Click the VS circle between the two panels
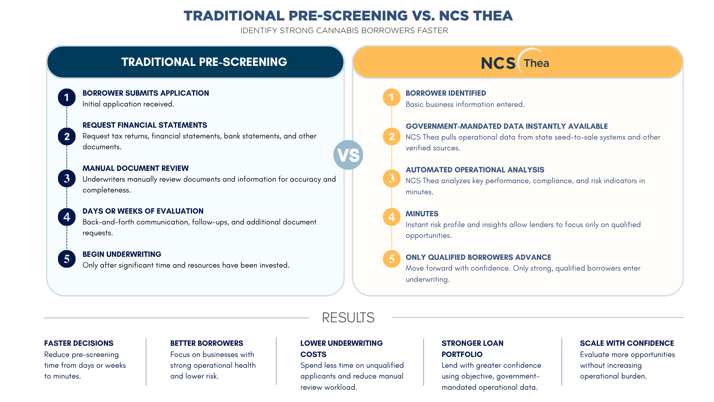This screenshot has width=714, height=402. click(x=348, y=155)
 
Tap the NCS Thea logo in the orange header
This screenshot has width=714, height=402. click(x=515, y=61)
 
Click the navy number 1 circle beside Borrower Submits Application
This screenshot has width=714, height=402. click(x=67, y=98)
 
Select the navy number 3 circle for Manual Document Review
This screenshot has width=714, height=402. click(x=67, y=178)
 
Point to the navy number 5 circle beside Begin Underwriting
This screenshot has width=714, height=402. click(x=67, y=259)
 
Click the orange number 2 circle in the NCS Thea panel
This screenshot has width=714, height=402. click(x=392, y=137)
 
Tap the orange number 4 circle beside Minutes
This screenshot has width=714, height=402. click(x=392, y=217)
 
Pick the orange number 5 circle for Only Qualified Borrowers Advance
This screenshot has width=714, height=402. click(x=392, y=259)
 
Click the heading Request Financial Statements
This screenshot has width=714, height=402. click(x=145, y=125)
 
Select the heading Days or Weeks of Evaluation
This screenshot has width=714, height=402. click(x=143, y=211)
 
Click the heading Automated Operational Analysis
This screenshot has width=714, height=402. click(x=475, y=170)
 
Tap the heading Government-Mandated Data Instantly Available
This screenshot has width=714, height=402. click(x=507, y=126)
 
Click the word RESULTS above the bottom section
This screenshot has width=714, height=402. click(x=348, y=318)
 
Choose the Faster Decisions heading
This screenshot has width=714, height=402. click(x=79, y=343)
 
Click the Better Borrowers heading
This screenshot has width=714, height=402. click(x=207, y=343)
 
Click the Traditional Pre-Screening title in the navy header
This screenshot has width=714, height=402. click(x=204, y=62)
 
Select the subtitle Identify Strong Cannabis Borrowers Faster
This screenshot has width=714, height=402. click(x=344, y=31)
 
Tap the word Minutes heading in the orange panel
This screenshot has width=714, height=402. click(x=422, y=214)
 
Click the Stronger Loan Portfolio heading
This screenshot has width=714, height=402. click(x=473, y=349)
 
